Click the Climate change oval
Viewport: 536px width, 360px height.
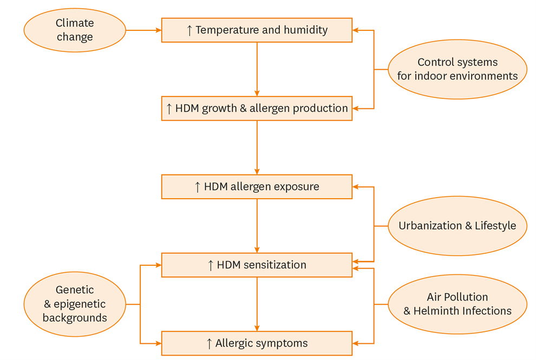pos(75,30)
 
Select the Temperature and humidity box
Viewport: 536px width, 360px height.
pos(257,30)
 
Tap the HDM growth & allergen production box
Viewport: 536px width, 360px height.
pos(257,108)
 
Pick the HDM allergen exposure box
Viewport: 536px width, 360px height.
pos(257,187)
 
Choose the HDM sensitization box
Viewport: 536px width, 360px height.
pos(257,265)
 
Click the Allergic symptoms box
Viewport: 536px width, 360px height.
pos(257,343)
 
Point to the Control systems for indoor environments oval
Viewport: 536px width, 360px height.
pos(457,69)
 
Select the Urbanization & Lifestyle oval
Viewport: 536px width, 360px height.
pos(457,226)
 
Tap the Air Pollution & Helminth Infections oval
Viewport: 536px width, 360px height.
pos(457,304)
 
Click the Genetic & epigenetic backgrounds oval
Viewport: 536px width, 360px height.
pos(75,304)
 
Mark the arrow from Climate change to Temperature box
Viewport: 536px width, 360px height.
pos(143,30)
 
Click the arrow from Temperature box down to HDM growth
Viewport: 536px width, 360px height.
pos(257,69)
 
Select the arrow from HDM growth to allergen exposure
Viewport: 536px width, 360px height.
pos(257,147)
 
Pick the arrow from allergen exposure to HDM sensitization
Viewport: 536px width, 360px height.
pos(257,226)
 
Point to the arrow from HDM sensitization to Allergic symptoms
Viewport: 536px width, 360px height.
pos(257,304)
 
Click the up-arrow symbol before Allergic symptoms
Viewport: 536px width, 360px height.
pos(209,343)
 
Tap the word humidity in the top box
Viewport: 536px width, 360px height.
pos(306,30)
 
